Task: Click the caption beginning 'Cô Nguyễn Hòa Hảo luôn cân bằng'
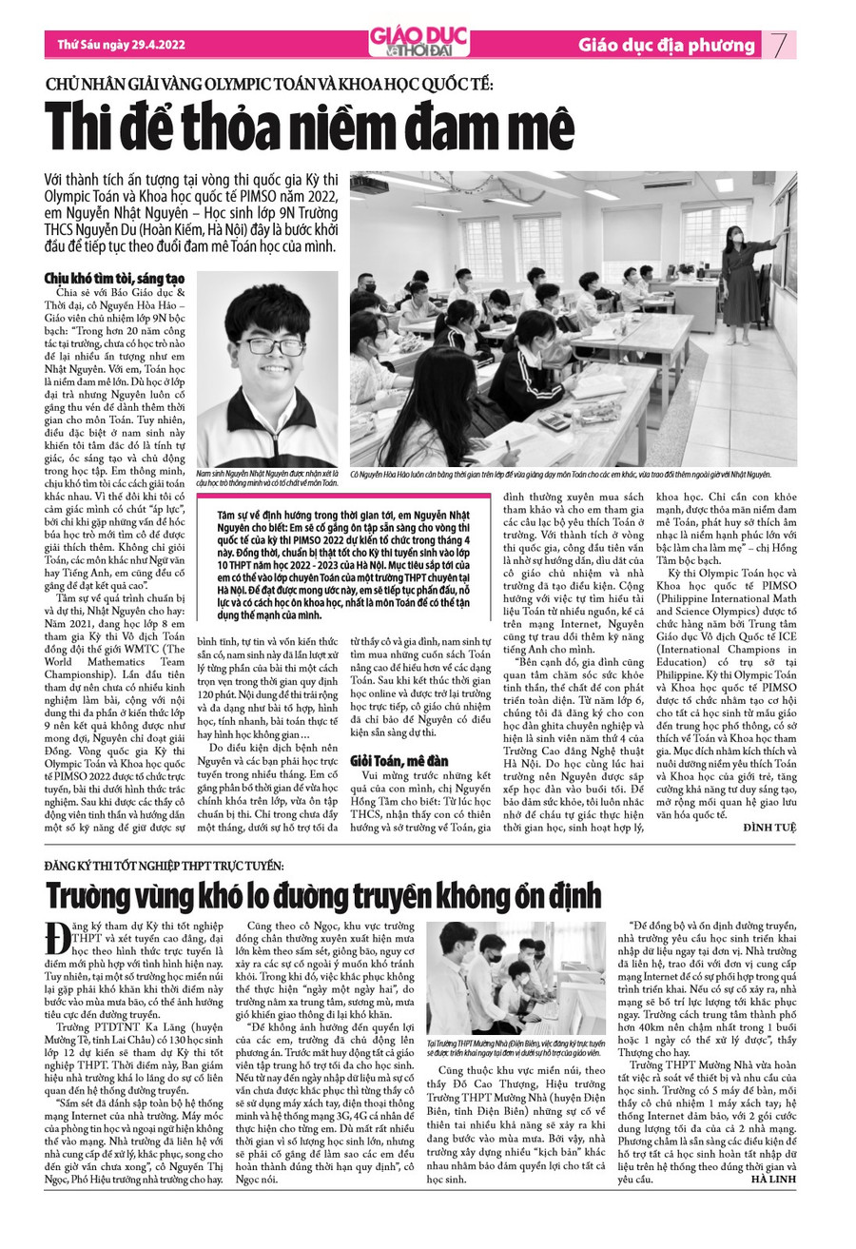[x=560, y=473]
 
